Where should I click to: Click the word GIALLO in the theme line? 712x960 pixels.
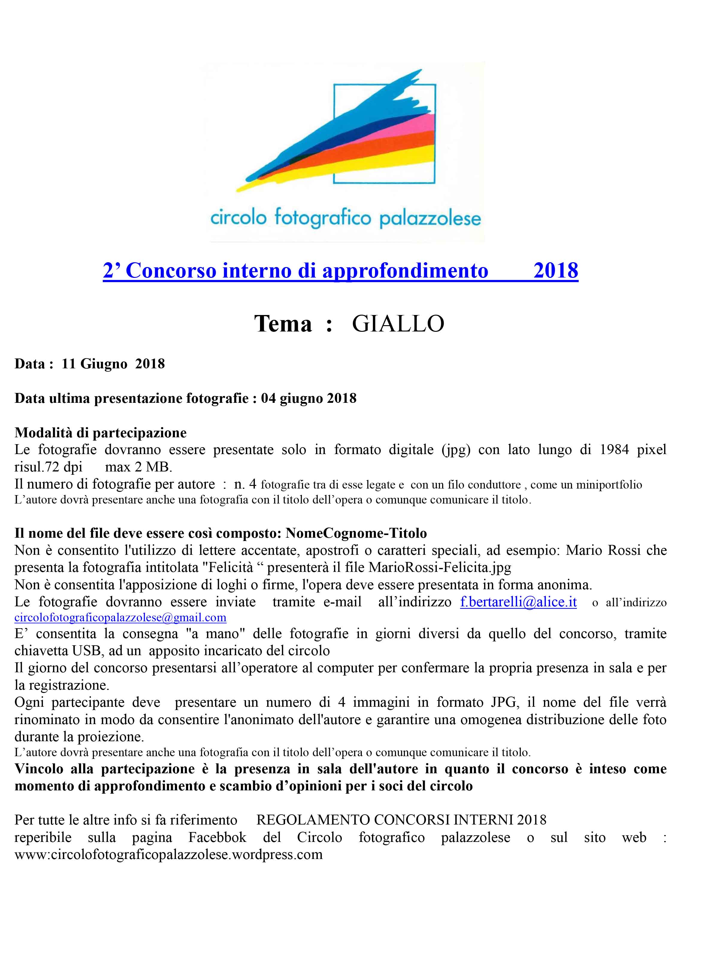pos(398,324)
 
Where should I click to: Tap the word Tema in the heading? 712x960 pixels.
pos(283,324)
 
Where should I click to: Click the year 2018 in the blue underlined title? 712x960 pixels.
pos(556,271)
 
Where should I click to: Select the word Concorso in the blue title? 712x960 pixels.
pos(171,271)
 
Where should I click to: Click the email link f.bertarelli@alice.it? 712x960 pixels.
pos(518,602)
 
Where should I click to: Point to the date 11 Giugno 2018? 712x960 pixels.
pos(113,364)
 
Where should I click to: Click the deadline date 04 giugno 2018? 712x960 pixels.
pos(309,398)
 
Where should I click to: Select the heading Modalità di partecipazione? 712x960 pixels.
pos(100,432)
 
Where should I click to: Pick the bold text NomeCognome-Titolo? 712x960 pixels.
pos(356,533)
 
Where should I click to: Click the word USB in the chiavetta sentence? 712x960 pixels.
pos(87,651)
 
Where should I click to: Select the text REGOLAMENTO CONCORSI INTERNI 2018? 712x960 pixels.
pos(401,820)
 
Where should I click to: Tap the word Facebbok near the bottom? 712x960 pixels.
pos(217,837)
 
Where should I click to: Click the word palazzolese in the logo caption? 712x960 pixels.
pos(430,219)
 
